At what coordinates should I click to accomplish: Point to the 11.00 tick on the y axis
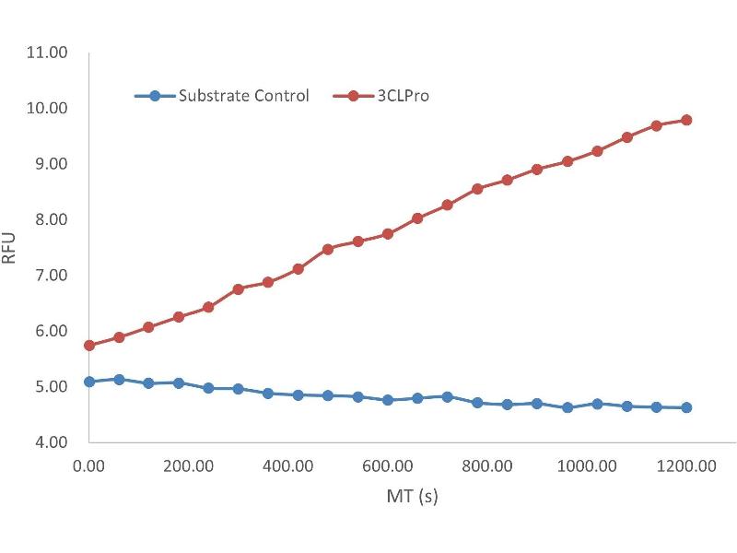(x=49, y=53)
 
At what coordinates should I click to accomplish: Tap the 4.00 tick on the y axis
(x=49, y=442)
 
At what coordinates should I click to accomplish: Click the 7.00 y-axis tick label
(x=49, y=276)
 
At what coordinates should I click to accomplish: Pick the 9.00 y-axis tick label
(x=49, y=164)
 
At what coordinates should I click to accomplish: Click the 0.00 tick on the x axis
(x=89, y=466)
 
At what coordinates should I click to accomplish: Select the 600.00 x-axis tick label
(x=388, y=466)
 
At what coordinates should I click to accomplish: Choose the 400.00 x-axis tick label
(x=288, y=466)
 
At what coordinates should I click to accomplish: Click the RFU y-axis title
(x=10, y=248)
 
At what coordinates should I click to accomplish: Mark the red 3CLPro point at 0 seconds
(x=89, y=346)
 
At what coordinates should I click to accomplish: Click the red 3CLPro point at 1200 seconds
(x=686, y=120)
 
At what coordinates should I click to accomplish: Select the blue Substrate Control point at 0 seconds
(x=89, y=382)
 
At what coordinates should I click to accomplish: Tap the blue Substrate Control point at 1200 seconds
(x=686, y=407)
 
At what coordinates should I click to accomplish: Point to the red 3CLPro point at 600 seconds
(x=388, y=234)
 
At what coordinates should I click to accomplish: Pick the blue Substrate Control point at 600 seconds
(x=388, y=400)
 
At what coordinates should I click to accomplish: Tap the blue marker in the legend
(x=155, y=95)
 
